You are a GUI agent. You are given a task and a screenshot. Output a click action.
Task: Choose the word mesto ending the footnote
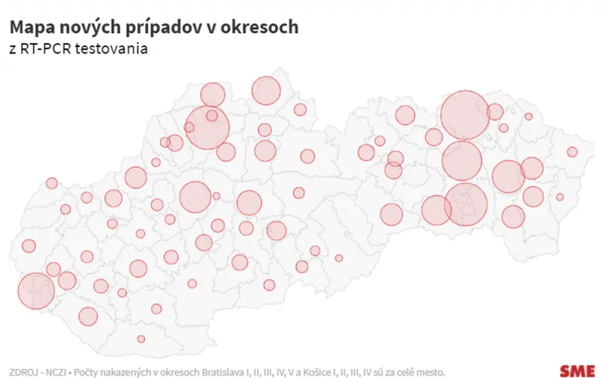tap(431, 371)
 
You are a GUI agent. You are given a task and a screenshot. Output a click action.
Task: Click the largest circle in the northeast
tap(464, 115)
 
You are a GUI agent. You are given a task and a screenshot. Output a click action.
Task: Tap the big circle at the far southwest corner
tap(35, 291)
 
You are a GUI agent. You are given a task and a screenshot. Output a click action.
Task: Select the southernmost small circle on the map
tap(141, 339)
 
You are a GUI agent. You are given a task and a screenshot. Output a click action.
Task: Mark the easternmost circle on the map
tap(572, 152)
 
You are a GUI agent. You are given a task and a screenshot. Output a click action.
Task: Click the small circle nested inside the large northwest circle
tap(212, 116)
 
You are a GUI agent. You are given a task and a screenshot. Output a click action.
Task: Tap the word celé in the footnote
tap(406, 371)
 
